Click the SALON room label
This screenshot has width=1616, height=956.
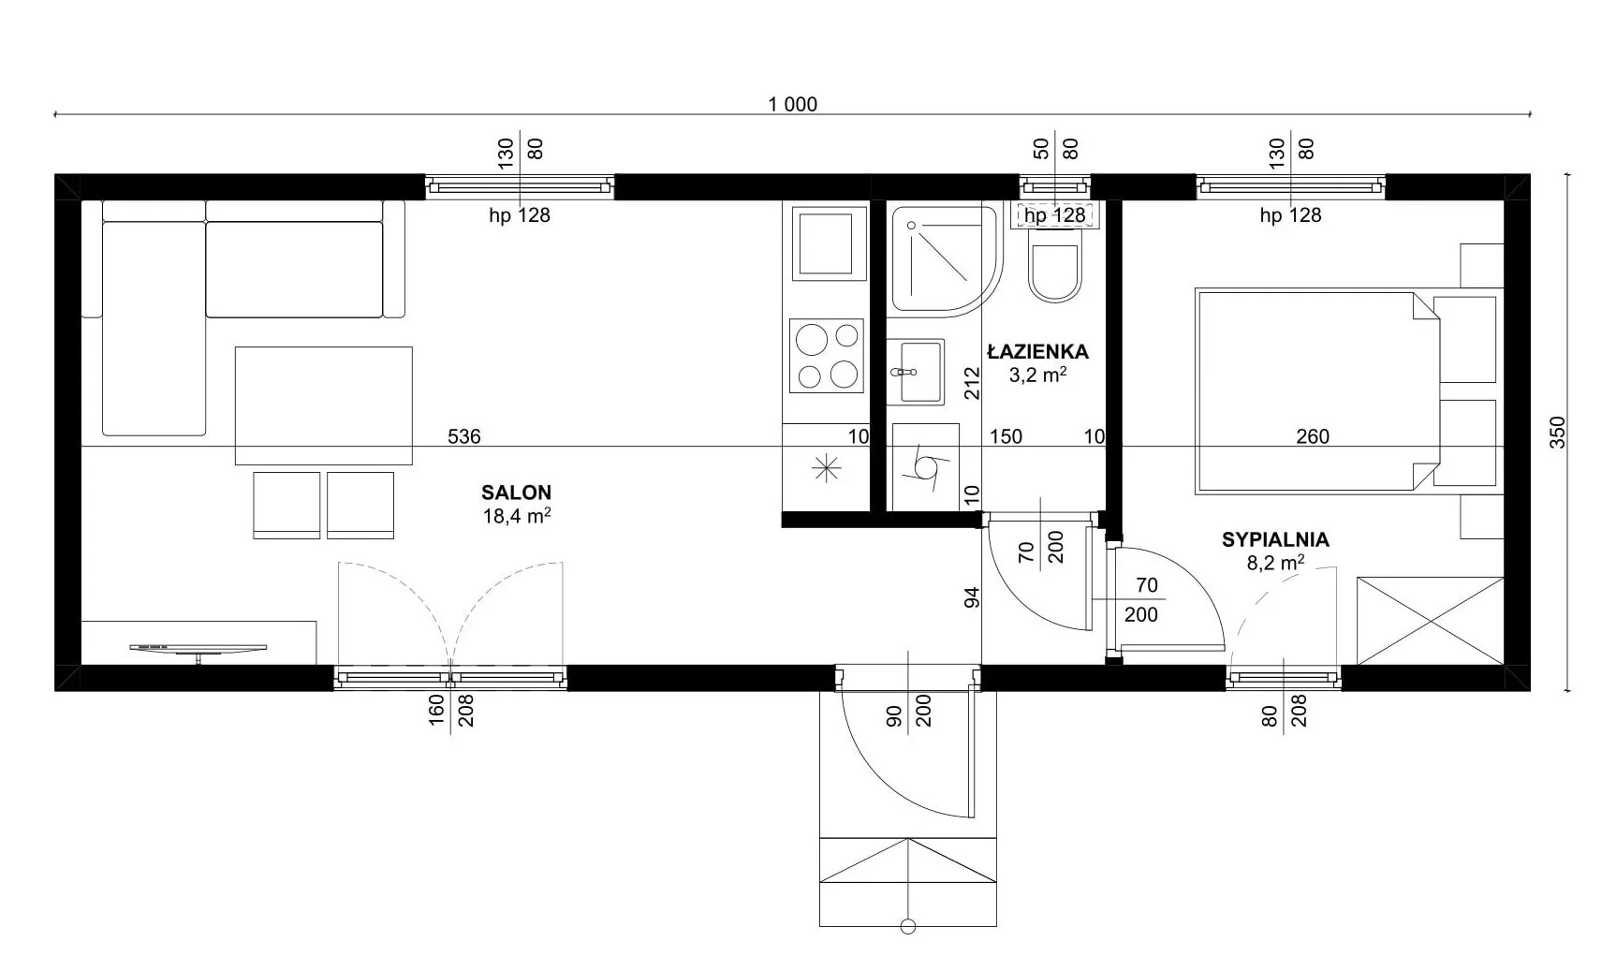516,493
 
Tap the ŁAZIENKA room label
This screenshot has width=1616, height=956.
1037,352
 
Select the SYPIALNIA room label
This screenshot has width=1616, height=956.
1275,539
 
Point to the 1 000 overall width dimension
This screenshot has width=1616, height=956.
792,105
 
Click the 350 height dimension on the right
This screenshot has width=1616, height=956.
1557,432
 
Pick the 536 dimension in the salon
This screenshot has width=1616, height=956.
463,436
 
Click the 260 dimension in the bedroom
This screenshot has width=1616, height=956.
1313,436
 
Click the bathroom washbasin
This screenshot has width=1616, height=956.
915,372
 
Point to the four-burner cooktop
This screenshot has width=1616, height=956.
825,356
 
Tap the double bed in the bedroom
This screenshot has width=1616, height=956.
1346,392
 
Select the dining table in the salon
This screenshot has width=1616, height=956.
323,405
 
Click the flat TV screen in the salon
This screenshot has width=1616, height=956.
198,648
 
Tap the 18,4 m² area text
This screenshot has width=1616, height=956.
516,515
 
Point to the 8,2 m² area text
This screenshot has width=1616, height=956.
1275,563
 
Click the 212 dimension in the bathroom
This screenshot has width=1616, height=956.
972,383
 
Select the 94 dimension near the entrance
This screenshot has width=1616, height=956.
972,597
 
